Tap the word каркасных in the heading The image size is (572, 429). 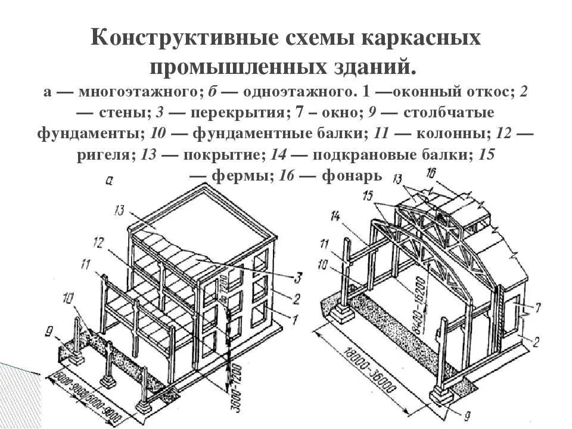425,39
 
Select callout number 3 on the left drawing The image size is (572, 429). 297,276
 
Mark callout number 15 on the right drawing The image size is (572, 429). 368,195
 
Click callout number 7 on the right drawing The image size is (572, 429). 538,307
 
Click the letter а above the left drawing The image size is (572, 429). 108,181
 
